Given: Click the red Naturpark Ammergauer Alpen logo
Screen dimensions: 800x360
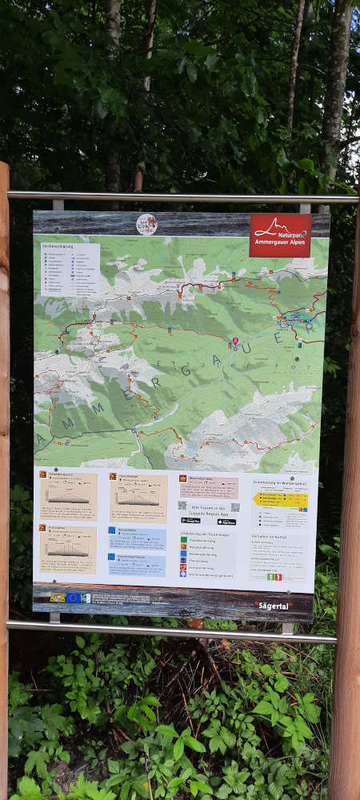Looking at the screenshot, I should [279, 234].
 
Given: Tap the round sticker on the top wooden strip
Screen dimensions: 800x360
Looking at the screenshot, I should [146, 224].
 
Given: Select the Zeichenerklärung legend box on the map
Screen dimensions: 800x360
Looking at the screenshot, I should [70, 269].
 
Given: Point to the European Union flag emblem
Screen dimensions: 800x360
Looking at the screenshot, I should [73, 598].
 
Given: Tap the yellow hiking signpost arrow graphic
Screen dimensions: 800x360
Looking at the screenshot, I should [279, 500].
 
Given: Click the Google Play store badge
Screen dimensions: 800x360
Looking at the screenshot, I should [190, 521].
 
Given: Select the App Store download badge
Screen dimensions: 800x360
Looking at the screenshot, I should [226, 522].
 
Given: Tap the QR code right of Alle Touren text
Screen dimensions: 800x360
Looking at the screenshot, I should [235, 506].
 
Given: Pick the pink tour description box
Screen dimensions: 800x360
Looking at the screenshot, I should [208, 487].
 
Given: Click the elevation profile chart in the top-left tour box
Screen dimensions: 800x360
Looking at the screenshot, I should [68, 496].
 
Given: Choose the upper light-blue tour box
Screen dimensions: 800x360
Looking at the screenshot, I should [137, 538].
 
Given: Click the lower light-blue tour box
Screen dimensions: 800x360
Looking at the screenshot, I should [137, 565].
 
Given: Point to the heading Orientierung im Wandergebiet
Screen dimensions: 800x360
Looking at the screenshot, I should [280, 482].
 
